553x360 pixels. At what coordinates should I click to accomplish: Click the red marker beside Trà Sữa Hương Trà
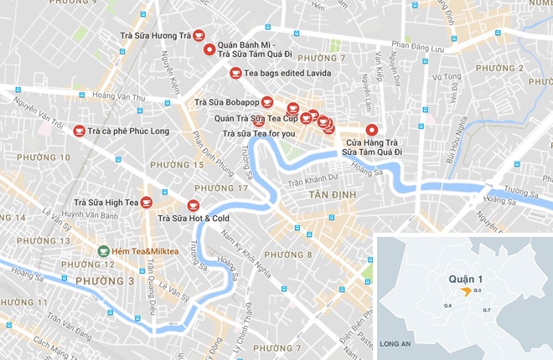pyautogui.click(x=200, y=37)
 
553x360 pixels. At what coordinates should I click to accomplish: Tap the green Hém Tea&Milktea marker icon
pyautogui.click(x=102, y=250)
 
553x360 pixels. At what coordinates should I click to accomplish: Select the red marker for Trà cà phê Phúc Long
pyautogui.click(x=80, y=131)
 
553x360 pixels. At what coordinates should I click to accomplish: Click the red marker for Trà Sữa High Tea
pyautogui.click(x=146, y=202)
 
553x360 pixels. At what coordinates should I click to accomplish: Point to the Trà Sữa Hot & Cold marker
pyautogui.click(x=193, y=205)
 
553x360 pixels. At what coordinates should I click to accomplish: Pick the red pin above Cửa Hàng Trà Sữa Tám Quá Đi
pyautogui.click(x=371, y=130)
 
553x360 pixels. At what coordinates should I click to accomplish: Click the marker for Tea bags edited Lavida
pyautogui.click(x=236, y=73)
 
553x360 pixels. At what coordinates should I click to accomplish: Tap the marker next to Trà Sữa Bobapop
pyautogui.click(x=266, y=102)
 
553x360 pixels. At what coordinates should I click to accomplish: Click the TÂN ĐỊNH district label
pyautogui.click(x=332, y=195)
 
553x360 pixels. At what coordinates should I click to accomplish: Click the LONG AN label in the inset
pyautogui.click(x=394, y=344)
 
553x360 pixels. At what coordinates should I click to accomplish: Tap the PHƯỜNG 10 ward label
pyautogui.click(x=43, y=157)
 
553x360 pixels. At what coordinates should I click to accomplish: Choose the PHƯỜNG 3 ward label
pyautogui.click(x=105, y=280)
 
